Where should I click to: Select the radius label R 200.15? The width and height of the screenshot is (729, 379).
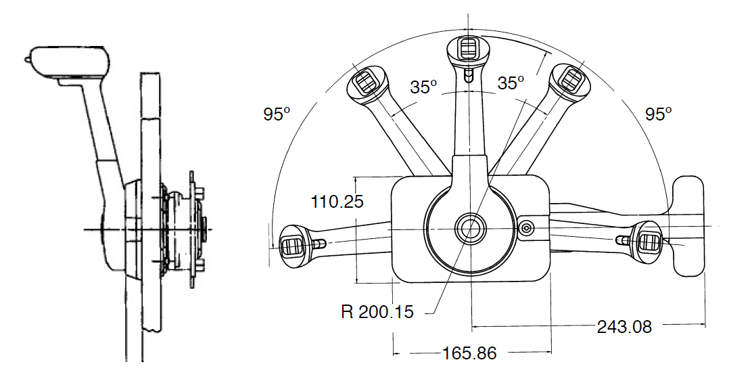tap(377, 311)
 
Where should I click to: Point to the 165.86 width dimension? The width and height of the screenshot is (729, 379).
tap(469, 353)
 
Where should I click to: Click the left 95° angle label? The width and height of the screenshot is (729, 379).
tap(277, 114)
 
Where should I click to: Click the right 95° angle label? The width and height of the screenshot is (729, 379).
tap(659, 114)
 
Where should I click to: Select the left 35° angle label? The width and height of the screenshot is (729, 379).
tap(424, 87)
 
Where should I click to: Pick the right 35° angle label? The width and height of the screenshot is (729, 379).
tap(511, 83)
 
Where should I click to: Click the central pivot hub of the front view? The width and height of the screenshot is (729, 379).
tap(468, 228)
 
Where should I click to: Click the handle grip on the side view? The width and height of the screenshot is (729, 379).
tap(69, 61)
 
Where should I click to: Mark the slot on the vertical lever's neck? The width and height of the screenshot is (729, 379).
tap(469, 76)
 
